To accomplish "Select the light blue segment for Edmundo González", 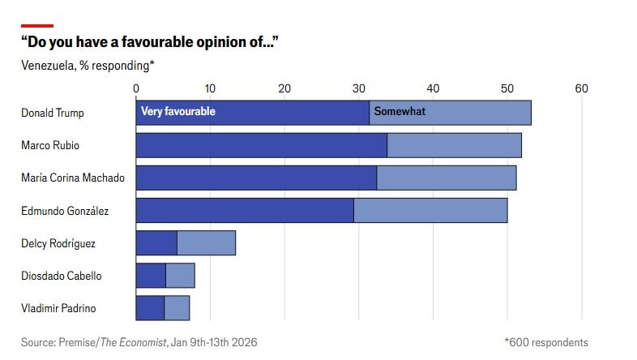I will pyautogui.click(x=430, y=210).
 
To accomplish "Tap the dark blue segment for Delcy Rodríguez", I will pyautogui.click(x=156, y=243).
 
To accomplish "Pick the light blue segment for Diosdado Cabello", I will pyautogui.click(x=180, y=276).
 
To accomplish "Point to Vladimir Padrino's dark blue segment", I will pyautogui.click(x=150, y=308).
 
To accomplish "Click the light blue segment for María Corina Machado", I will pyautogui.click(x=447, y=178).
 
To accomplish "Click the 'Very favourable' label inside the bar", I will pyautogui.click(x=178, y=112).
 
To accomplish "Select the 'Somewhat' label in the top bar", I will pyautogui.click(x=399, y=112).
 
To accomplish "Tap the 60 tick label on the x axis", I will pyautogui.click(x=581, y=88).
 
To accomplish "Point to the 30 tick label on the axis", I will pyautogui.click(x=358, y=88).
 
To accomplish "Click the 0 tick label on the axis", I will pyautogui.click(x=135, y=88).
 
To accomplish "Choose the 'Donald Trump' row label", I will pyautogui.click(x=53, y=113).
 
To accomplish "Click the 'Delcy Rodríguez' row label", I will pyautogui.click(x=58, y=243).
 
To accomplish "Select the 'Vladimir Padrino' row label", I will pyautogui.click(x=58, y=308).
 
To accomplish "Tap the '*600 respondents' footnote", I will pyautogui.click(x=545, y=342).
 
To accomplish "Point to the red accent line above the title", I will pyautogui.click(x=37, y=25).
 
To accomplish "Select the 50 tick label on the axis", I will pyautogui.click(x=507, y=88).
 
